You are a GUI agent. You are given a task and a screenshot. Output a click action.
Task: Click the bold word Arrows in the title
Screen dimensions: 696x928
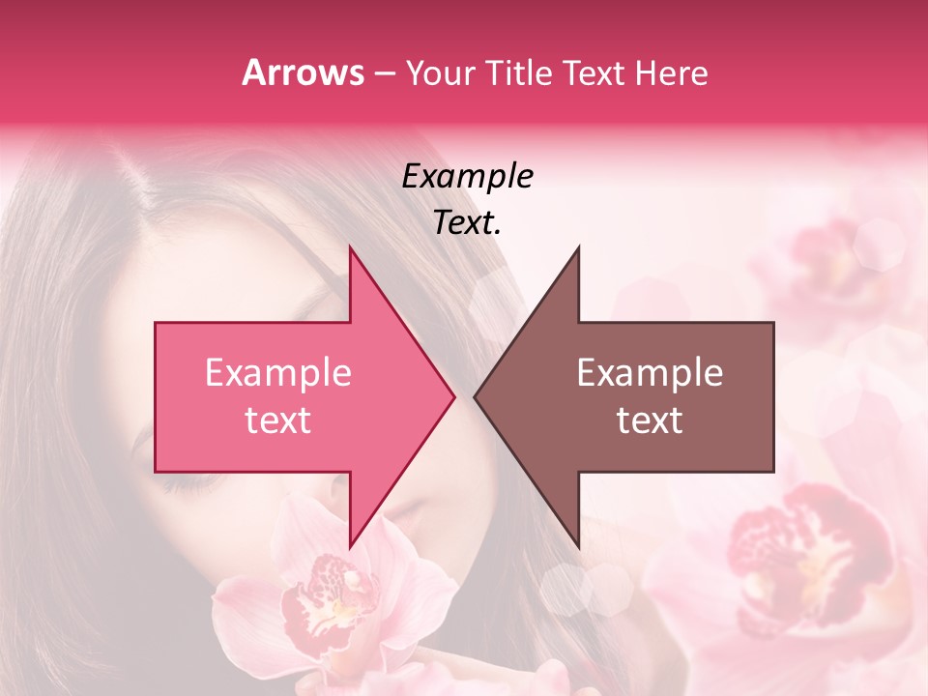tap(303, 72)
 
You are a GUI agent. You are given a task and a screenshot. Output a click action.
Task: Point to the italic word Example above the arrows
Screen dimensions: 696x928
tap(467, 176)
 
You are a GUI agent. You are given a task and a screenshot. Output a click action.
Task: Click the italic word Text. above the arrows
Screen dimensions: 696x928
tap(467, 222)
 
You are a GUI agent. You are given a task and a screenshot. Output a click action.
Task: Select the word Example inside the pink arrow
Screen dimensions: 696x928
tap(277, 373)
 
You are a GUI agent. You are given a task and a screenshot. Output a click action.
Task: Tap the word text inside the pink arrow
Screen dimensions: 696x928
tap(277, 420)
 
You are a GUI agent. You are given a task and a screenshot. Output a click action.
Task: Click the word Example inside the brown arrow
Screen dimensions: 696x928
tap(650, 373)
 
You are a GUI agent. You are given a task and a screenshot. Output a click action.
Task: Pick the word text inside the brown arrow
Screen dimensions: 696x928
tap(650, 420)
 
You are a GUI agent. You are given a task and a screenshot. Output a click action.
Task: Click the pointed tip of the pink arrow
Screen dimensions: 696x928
tap(454, 396)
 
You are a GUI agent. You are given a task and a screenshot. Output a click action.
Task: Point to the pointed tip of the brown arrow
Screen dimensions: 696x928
tap(475, 396)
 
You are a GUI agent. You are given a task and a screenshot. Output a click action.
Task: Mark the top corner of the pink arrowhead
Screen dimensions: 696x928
tap(350, 247)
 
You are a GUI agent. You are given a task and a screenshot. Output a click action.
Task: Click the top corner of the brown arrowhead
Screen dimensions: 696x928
tap(578, 247)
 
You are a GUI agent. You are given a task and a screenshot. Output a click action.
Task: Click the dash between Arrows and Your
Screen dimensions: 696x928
tap(384, 73)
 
